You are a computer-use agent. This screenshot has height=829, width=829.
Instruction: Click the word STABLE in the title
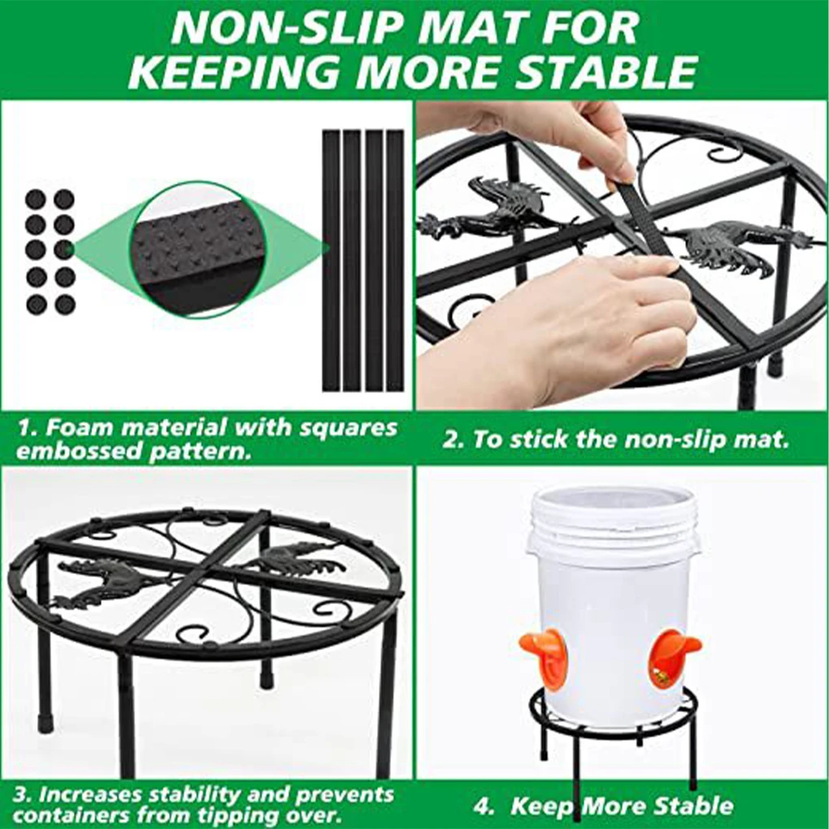pyautogui.click(x=605, y=72)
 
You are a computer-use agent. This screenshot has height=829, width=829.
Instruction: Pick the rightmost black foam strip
pyautogui.click(x=394, y=261)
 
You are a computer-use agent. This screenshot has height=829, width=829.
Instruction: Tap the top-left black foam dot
pyautogui.click(x=36, y=199)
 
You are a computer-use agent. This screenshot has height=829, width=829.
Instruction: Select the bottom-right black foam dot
pyautogui.click(x=64, y=304)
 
